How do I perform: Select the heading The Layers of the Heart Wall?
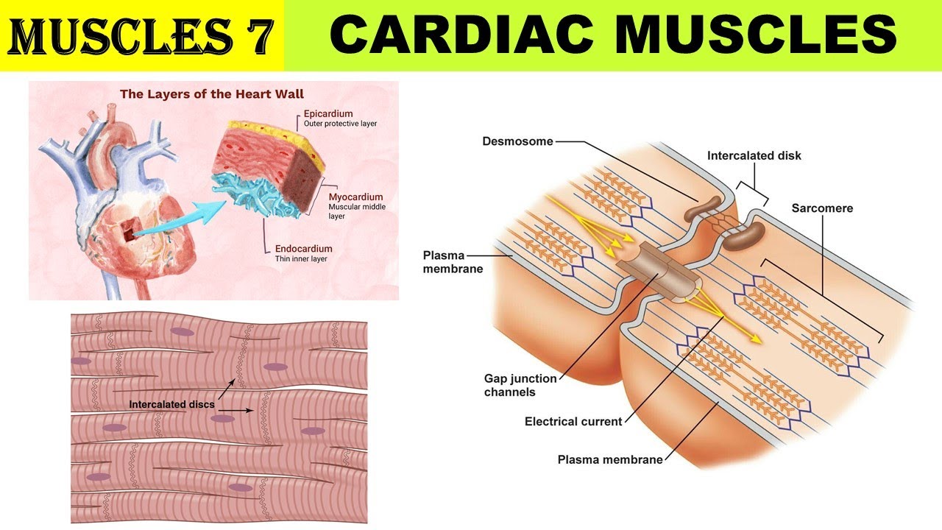click(212, 94)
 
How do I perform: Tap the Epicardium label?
click(328, 114)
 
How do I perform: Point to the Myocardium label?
click(355, 197)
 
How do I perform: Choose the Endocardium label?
click(303, 249)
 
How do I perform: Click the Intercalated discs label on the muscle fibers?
click(173, 404)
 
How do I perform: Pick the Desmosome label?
click(518, 141)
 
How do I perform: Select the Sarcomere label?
click(822, 208)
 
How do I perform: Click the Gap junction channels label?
click(520, 385)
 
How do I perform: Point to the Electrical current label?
click(573, 422)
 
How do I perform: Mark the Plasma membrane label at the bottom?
click(610, 460)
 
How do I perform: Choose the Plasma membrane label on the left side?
click(453, 262)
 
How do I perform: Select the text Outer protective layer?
click(340, 124)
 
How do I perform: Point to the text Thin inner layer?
click(298, 259)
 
